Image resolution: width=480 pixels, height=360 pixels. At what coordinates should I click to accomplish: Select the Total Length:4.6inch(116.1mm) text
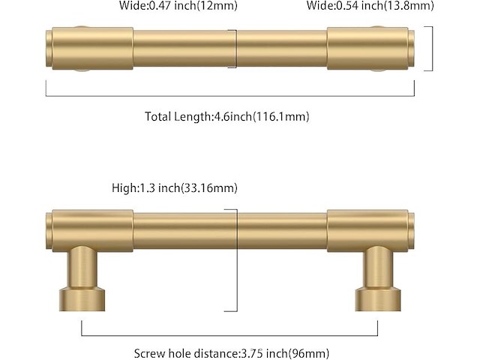click(226, 116)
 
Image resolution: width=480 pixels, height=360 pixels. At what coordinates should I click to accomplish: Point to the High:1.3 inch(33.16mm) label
click(178, 188)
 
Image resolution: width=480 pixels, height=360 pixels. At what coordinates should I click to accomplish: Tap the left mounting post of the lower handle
click(80, 266)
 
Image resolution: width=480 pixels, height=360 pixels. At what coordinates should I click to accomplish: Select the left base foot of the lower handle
click(80, 298)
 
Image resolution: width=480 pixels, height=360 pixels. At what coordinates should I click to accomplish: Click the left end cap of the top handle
click(49, 49)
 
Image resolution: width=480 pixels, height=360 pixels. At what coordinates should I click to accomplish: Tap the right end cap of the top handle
click(409, 49)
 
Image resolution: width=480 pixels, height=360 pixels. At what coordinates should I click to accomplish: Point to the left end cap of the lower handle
click(49, 230)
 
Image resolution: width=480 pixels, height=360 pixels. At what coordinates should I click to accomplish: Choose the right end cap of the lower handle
click(409, 230)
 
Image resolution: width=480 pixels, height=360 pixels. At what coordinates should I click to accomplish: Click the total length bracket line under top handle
click(230, 96)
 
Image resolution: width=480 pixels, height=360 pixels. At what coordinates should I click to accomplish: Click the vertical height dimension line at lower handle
click(237, 262)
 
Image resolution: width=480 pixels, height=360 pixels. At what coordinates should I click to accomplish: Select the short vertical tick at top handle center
click(237, 49)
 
